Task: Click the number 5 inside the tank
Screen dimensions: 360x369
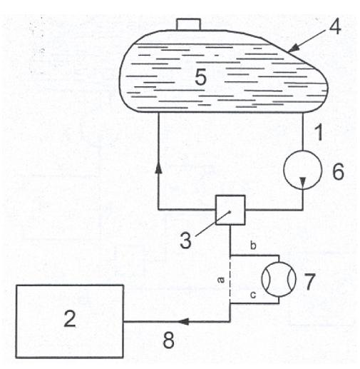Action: coord(200,77)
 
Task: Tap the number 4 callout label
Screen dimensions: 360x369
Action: coord(335,26)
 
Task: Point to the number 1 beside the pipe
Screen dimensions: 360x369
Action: coord(319,132)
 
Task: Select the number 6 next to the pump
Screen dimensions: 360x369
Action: coord(338,171)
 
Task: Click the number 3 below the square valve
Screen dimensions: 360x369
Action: coord(185,240)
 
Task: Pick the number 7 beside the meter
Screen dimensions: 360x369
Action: coord(309,281)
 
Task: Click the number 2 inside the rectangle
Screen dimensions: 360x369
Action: coord(70,319)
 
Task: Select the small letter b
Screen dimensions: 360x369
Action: coord(253,246)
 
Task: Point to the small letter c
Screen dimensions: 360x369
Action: coord(253,295)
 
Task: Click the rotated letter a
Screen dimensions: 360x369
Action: coord(221,280)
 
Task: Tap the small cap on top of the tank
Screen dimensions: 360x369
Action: coord(188,24)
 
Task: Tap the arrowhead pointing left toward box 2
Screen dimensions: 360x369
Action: coord(183,321)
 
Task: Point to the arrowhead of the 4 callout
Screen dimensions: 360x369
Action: coord(294,48)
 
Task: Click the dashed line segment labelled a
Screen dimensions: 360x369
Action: coord(230,280)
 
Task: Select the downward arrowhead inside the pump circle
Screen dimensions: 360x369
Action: coord(303,183)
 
